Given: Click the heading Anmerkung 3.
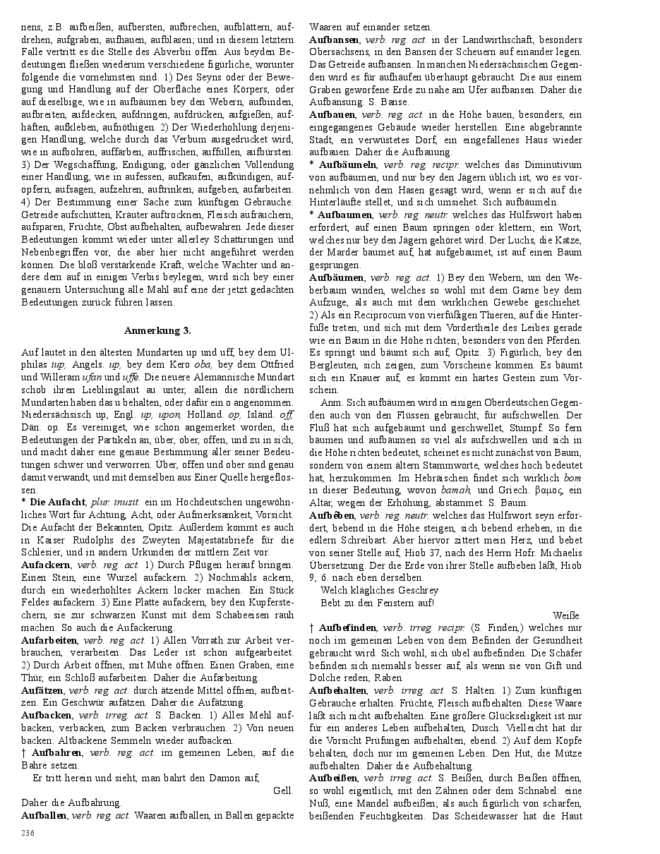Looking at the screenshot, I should click(157, 330).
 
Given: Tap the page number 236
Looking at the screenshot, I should click(28, 834).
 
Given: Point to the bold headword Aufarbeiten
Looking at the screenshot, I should click(49, 640).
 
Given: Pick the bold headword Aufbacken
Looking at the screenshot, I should click(47, 715).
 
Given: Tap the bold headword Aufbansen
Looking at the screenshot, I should click(335, 40).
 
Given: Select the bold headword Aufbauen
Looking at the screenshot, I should click(332, 114).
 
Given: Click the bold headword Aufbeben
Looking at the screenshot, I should click(332, 516).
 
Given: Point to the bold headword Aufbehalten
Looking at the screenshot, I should click(337, 690).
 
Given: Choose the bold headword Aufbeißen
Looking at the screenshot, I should click(334, 778).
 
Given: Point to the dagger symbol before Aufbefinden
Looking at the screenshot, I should click(311, 627).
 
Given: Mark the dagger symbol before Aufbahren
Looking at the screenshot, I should click(24, 752).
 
